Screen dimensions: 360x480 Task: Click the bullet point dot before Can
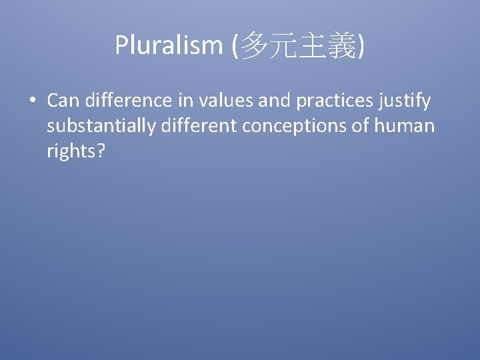pyautogui.click(x=32, y=102)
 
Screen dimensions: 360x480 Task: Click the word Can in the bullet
pyautogui.click(x=63, y=101)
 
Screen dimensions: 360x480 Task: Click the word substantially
pyautogui.click(x=100, y=125)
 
